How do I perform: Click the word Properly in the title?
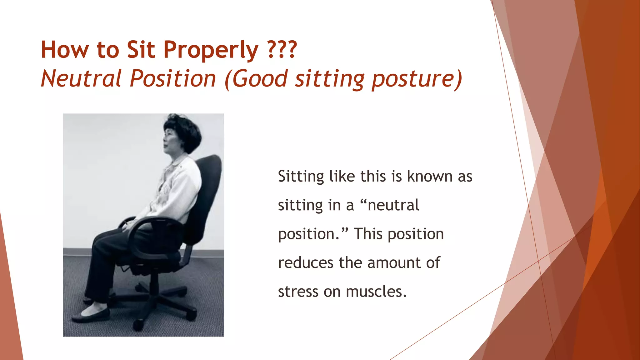pyautogui.click(x=211, y=50)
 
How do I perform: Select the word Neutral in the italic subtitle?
pyautogui.click(x=81, y=78)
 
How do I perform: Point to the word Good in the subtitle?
pyautogui.click(x=260, y=78)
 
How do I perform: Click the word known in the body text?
pyautogui.click(x=430, y=177)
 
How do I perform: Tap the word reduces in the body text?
pyautogui.click(x=306, y=263)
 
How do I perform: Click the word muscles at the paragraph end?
pyautogui.click(x=376, y=292)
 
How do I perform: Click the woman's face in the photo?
pyautogui.click(x=170, y=141)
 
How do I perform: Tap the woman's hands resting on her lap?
pyautogui.click(x=128, y=225)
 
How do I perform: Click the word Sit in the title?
pyautogui.click(x=141, y=50)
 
